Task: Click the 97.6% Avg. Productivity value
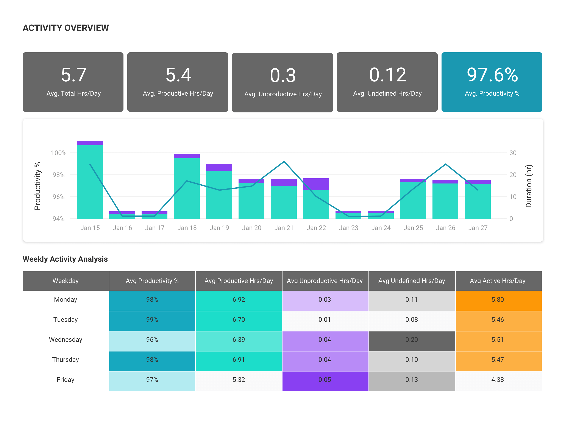(x=492, y=75)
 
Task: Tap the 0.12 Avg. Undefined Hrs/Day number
(x=387, y=75)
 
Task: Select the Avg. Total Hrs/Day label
(x=74, y=93)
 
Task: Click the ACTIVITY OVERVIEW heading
(x=66, y=28)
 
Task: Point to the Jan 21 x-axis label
(x=284, y=228)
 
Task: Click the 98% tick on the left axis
(x=59, y=175)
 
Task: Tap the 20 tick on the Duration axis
(x=513, y=175)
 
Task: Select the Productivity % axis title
(x=37, y=186)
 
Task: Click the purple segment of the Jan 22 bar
(x=316, y=184)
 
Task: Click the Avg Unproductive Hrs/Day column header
(x=325, y=281)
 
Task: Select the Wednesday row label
(x=66, y=340)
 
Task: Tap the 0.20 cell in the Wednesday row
(x=411, y=340)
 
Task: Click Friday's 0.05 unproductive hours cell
(x=325, y=380)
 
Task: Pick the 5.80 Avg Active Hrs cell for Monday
(x=498, y=300)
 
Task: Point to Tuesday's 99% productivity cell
(x=152, y=320)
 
